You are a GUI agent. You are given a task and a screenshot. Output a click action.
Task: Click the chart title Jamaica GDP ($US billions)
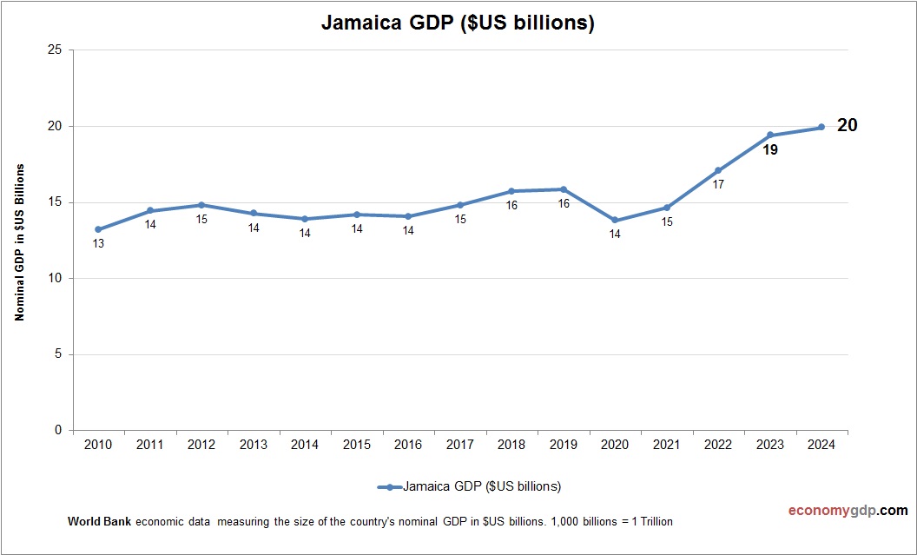[x=458, y=23]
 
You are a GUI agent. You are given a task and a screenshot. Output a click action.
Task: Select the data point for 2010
[x=98, y=229]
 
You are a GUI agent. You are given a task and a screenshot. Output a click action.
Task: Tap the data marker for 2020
[x=615, y=221]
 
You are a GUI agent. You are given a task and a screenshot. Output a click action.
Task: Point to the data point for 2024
[x=821, y=128]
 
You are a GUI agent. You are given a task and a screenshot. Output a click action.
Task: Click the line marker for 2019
[x=564, y=189]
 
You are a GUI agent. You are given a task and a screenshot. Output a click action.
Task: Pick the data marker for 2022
[x=718, y=170]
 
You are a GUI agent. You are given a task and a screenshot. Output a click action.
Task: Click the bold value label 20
[x=847, y=126]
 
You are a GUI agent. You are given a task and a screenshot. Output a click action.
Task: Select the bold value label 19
[x=769, y=149]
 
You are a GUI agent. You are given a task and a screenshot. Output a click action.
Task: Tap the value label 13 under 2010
[x=98, y=244]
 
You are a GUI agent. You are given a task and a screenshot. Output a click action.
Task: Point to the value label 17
[x=718, y=185]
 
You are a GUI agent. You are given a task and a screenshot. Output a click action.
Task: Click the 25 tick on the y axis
[x=54, y=50]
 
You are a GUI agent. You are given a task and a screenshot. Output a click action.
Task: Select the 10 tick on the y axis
[x=54, y=279]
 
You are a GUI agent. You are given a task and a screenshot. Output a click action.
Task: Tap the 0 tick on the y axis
[x=57, y=431]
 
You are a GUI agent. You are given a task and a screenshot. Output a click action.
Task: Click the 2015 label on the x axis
[x=357, y=445]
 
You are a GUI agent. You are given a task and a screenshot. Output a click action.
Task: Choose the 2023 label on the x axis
[x=769, y=445]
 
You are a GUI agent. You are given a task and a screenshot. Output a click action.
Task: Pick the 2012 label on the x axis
[x=201, y=445]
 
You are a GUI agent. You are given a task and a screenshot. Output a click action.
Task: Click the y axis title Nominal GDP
[x=19, y=241]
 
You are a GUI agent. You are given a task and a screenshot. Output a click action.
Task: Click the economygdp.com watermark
[x=835, y=511]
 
